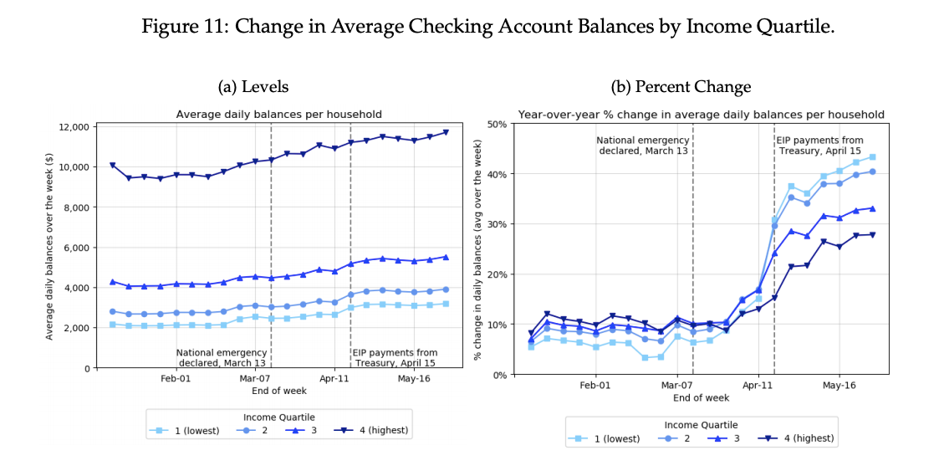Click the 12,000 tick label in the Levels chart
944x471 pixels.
click(75, 127)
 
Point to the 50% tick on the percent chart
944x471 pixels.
click(497, 125)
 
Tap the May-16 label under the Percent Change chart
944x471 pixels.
click(839, 386)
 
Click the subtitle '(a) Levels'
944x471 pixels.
click(253, 87)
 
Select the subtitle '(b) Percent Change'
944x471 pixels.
click(681, 87)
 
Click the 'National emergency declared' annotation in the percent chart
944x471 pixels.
click(643, 146)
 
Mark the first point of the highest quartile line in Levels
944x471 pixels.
click(113, 166)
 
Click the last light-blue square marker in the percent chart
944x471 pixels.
click(872, 157)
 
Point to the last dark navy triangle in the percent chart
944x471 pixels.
click(872, 235)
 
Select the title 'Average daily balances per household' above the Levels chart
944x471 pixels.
click(278, 115)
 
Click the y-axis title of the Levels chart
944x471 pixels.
click(49, 247)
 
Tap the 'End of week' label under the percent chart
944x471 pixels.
click(701, 398)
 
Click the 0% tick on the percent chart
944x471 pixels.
click(499, 375)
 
